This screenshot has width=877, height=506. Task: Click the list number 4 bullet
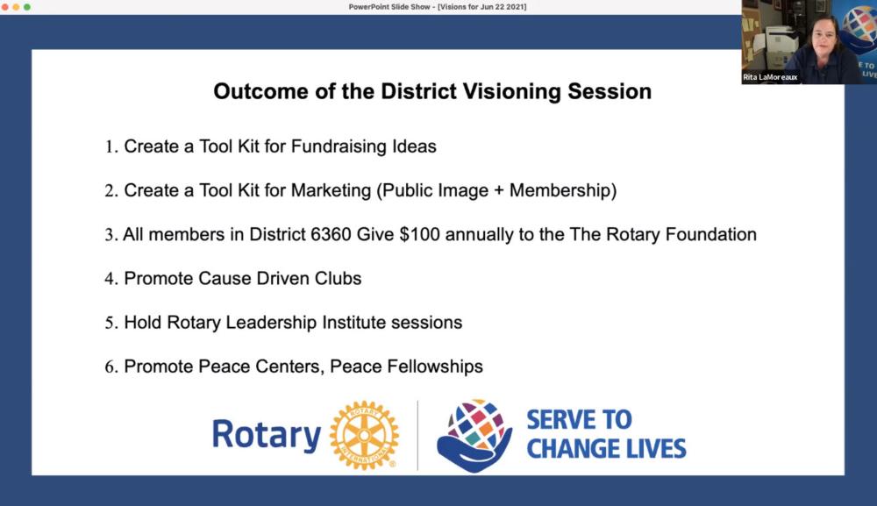(x=111, y=279)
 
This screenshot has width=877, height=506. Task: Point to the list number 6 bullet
(x=111, y=367)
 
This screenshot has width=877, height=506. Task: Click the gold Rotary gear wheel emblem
(x=364, y=435)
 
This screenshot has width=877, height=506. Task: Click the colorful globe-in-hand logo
(x=474, y=435)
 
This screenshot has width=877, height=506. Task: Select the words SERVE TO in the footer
(x=579, y=420)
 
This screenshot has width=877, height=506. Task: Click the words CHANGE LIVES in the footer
(x=606, y=449)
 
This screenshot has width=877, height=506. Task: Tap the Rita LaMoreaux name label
(x=770, y=77)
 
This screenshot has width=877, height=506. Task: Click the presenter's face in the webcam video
(x=824, y=39)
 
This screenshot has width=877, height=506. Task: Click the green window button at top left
(x=27, y=7)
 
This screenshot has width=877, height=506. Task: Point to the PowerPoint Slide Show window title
(x=438, y=7)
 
